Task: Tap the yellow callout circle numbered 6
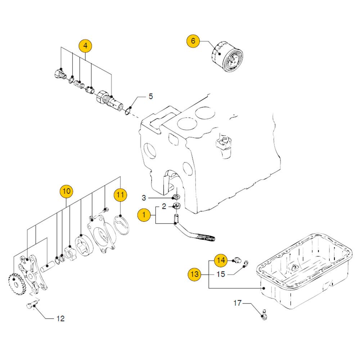pos(193,41)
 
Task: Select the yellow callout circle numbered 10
pos(66,192)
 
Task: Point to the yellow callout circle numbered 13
pos(194,274)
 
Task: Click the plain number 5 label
pos(151,96)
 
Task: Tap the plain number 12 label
pos(60,318)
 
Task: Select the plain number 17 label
pos(237,303)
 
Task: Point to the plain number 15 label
pos(221,274)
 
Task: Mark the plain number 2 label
pos(164,206)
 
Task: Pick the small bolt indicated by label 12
pos(31,306)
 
